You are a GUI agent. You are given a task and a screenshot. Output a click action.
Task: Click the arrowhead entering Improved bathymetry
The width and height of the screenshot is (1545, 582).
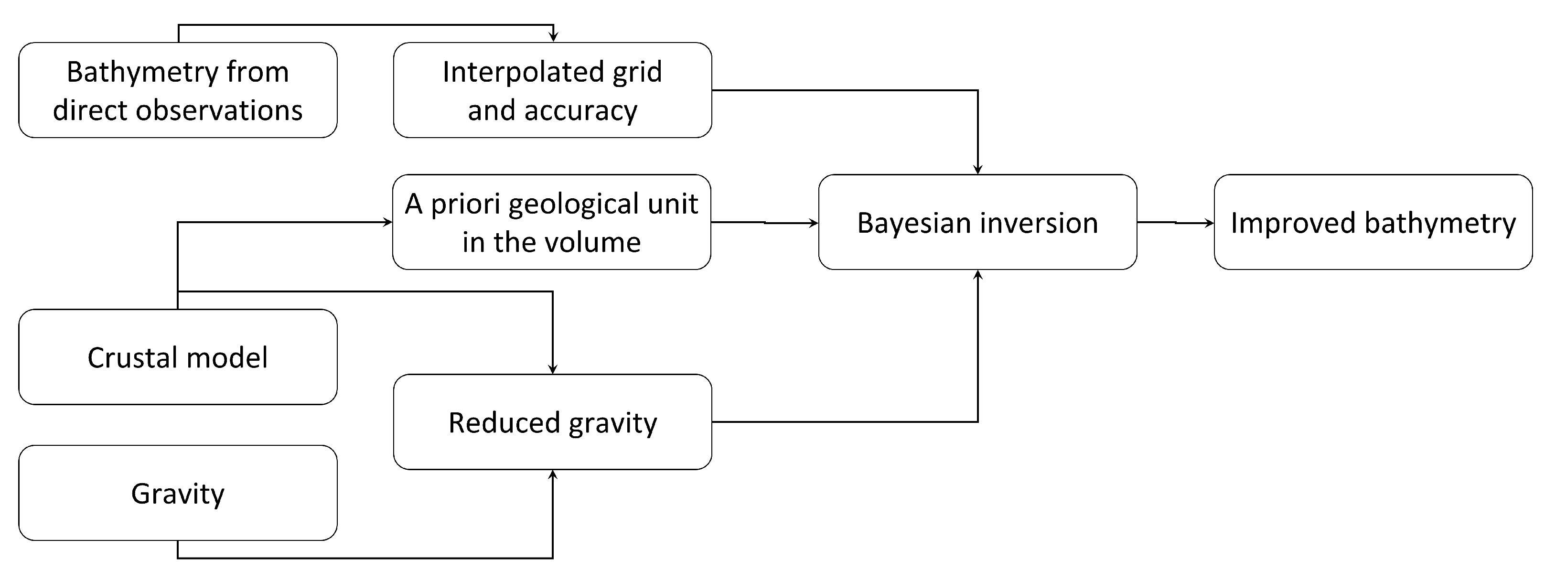(1209, 223)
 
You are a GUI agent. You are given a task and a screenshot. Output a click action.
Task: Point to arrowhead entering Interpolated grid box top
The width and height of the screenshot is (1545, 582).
(553, 37)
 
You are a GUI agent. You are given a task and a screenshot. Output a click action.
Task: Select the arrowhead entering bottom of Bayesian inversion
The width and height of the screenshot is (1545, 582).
(977, 275)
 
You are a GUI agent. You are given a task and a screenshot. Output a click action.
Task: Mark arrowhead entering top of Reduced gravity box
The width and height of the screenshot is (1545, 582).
(552, 369)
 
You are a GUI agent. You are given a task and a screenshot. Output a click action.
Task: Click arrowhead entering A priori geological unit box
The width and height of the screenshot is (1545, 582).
(387, 223)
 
